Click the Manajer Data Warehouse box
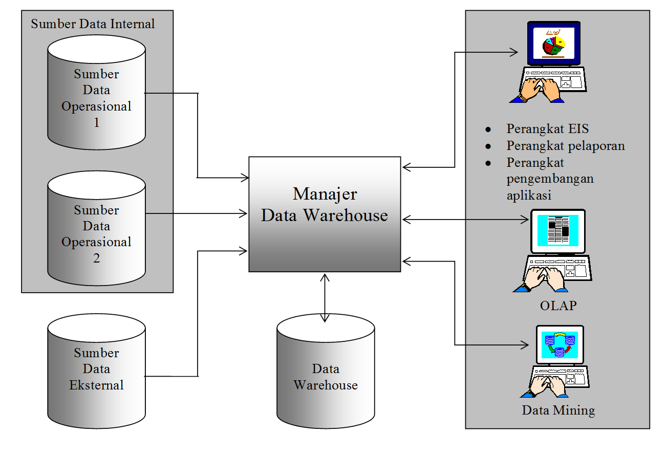point(325,214)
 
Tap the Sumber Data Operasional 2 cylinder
point(96,228)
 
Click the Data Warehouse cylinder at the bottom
point(326,376)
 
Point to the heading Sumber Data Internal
point(93,24)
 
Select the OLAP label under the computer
point(558,306)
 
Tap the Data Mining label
point(558,410)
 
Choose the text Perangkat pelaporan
point(566,146)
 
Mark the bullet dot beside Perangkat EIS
point(488,129)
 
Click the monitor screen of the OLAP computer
point(558,230)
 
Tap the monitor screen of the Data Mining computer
point(558,344)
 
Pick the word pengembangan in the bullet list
point(550,179)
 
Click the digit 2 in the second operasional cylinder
point(97,258)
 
